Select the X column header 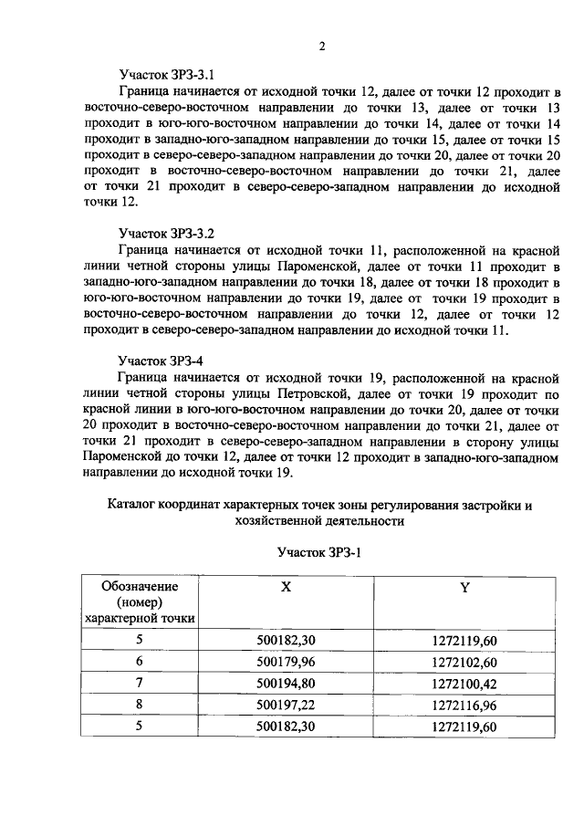[286, 589]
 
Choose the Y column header [464, 589]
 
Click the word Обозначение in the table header [140, 586]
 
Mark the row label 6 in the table [140, 662]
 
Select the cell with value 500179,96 [286, 662]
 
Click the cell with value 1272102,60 [464, 662]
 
